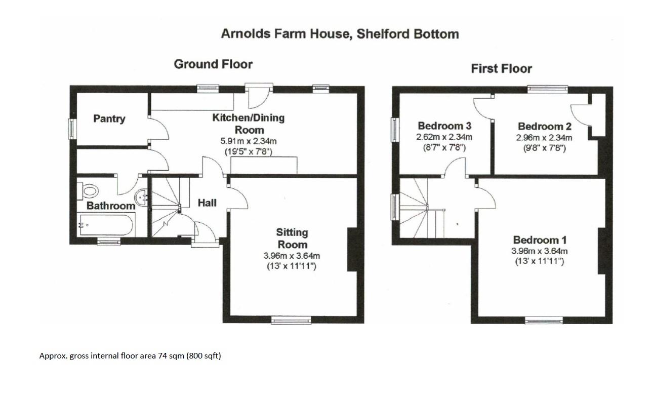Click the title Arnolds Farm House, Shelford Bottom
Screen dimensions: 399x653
[x=340, y=34]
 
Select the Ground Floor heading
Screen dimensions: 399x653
[x=213, y=64]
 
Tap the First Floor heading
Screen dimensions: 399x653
[x=501, y=68]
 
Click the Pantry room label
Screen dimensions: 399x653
[x=109, y=119]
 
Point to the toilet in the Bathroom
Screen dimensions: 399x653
[x=89, y=191]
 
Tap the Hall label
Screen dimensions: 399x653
[x=207, y=203]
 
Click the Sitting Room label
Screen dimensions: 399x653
[x=292, y=238]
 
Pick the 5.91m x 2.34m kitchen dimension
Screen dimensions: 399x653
[x=248, y=141]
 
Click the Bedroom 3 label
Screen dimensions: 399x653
[x=440, y=126]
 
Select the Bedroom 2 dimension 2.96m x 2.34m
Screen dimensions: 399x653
[x=545, y=138]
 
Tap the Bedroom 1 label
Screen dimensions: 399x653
[x=540, y=240]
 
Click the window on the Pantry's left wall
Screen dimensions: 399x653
[x=71, y=129]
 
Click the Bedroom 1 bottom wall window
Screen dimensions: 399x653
[x=544, y=320]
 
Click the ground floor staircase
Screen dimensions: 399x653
[x=166, y=207]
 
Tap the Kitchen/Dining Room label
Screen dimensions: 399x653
[x=248, y=124]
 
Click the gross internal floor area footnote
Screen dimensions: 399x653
[x=130, y=356]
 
